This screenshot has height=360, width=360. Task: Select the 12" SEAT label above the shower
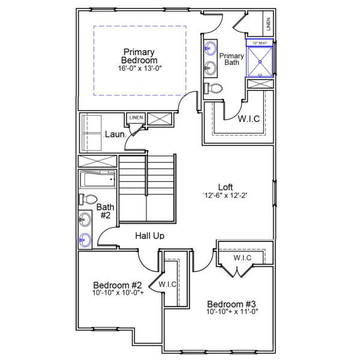[x=260, y=43]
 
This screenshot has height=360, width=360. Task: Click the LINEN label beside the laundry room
[x=136, y=118]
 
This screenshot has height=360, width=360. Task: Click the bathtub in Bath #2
[x=97, y=179]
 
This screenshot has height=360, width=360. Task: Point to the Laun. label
[x=114, y=134]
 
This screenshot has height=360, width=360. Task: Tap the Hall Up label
[x=149, y=236]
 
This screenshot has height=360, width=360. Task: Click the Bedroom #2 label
[x=117, y=284]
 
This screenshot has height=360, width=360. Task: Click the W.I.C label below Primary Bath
[x=248, y=118]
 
